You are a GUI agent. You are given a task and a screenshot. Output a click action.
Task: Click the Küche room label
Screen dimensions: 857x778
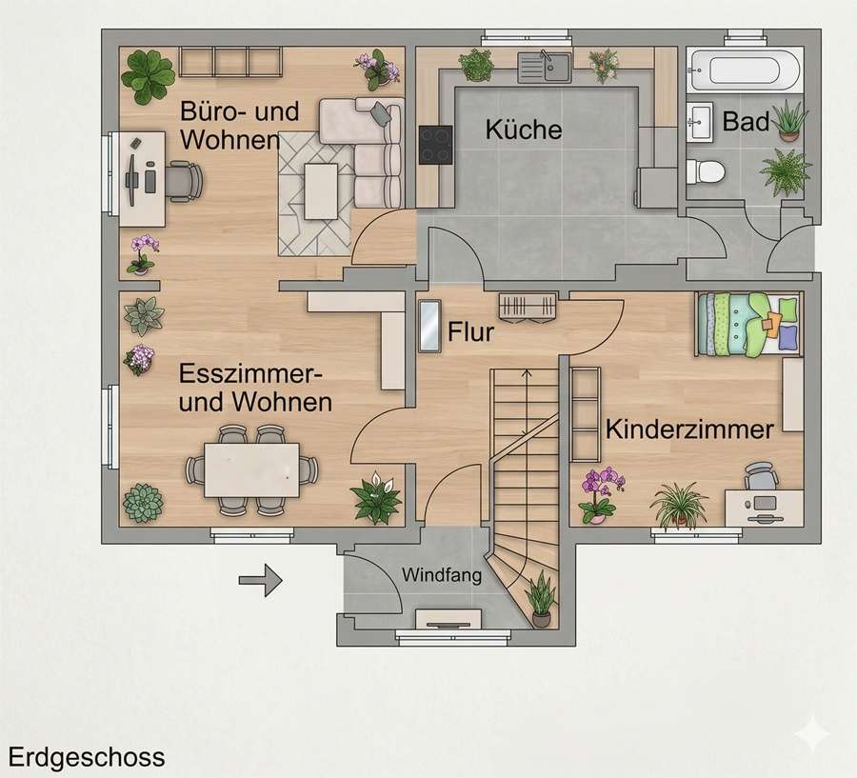(524, 130)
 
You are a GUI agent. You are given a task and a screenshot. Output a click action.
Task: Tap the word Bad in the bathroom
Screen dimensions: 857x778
(746, 121)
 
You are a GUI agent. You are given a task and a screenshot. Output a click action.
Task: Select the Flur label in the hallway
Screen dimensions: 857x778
(470, 332)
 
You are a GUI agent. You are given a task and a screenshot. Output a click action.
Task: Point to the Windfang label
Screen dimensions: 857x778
(442, 574)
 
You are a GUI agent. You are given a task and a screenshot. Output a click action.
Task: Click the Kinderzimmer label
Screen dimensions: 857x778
(689, 429)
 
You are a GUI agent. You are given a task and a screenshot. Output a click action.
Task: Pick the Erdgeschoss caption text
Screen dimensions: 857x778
(87, 757)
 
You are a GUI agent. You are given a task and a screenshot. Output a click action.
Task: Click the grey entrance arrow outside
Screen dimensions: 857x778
(260, 580)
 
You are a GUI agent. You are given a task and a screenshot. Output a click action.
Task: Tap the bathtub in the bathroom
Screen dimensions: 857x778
(745, 70)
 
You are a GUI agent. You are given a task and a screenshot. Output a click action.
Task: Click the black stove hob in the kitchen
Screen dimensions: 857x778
(435, 145)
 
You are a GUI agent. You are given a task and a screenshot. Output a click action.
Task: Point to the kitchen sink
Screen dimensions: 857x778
(545, 67)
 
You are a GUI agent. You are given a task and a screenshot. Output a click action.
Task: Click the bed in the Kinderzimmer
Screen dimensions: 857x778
(748, 325)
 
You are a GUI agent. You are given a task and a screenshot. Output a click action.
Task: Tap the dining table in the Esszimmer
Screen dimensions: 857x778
(252, 470)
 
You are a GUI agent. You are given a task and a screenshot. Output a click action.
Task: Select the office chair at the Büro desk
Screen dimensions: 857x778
(183, 180)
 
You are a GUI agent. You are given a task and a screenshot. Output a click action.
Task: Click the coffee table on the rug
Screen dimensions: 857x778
(321, 191)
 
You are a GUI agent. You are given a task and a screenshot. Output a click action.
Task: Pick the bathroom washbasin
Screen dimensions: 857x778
(700, 122)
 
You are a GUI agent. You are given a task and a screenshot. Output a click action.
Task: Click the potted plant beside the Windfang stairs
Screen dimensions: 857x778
(541, 600)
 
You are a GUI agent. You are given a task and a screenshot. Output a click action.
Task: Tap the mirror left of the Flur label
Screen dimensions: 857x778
(429, 326)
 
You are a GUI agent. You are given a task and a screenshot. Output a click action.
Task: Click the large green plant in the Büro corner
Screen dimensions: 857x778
(148, 76)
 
